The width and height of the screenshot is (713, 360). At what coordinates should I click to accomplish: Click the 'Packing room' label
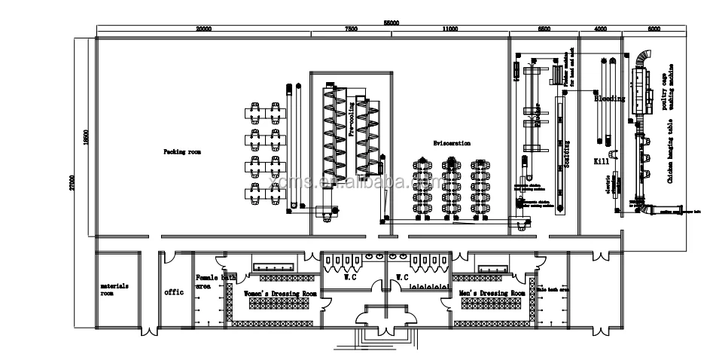182,151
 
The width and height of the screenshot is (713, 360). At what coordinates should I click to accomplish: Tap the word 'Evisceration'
452,142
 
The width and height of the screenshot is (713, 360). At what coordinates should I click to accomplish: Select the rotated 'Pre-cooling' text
351,117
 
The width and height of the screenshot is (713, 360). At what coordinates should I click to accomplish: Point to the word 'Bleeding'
609,98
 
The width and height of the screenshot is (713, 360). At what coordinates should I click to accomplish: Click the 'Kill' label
601,161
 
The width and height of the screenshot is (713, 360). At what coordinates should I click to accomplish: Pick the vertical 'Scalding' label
567,154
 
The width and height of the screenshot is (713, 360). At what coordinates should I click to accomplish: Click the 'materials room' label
114,290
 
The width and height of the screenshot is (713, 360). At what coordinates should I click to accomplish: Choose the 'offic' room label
175,291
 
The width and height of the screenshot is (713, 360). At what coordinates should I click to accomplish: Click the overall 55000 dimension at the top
389,23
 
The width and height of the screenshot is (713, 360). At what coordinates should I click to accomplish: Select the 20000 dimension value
203,29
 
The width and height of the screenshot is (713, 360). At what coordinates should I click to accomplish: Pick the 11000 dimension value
449,29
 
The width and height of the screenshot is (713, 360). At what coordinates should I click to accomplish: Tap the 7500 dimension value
350,29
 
